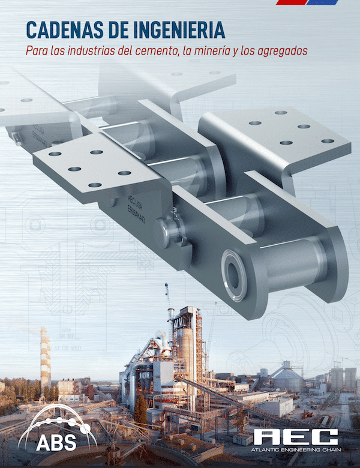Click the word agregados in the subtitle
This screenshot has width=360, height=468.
coord(281,51)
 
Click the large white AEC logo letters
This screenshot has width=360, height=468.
coord(295,437)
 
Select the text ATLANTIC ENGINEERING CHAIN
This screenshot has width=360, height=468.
coord(295,452)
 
